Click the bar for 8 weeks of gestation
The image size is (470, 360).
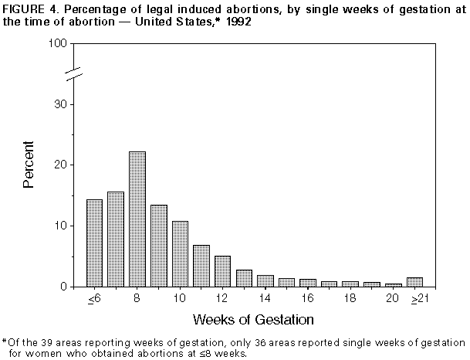coord(137,219)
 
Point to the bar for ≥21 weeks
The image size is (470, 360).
coord(436,282)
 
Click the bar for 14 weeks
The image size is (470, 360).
coord(265,280)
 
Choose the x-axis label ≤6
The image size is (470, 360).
coord(95,299)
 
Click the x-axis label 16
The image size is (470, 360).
coord(308,298)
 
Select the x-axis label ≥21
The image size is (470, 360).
coord(436,299)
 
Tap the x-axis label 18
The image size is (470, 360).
coord(350,298)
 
